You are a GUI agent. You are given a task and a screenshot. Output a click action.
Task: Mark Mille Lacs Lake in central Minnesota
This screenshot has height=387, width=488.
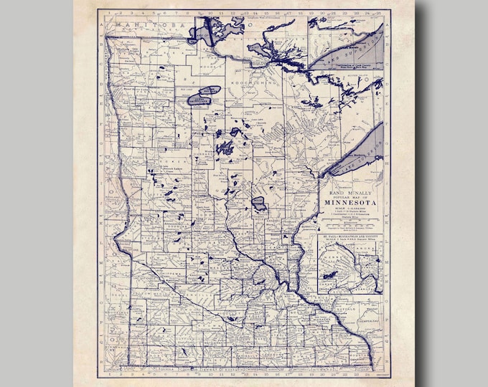[x=259, y=203]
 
